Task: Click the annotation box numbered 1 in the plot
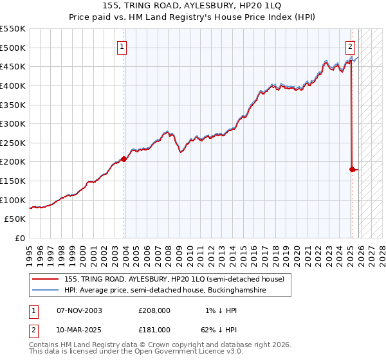[x=122, y=46]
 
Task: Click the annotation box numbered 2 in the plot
[x=350, y=46]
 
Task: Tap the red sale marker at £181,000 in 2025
[x=352, y=169]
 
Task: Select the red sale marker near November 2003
[x=124, y=159]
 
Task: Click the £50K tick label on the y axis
[x=15, y=219]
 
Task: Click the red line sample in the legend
[x=46, y=279]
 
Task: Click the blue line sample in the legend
[x=46, y=291]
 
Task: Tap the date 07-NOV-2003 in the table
[x=79, y=310]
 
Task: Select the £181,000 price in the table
[x=154, y=329]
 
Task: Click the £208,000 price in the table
[x=154, y=310]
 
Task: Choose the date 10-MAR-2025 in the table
[x=79, y=329]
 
